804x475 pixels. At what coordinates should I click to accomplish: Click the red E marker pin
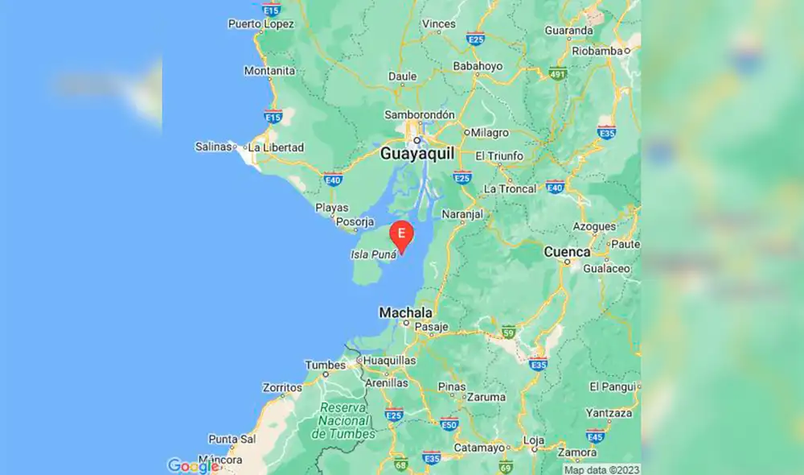click(401, 234)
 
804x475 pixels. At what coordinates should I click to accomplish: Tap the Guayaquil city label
click(416, 153)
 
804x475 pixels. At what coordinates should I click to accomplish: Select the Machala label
click(406, 312)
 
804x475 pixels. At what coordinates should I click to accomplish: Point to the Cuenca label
click(567, 252)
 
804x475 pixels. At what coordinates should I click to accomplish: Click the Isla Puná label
click(374, 254)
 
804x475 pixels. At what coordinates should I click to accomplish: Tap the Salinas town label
click(214, 147)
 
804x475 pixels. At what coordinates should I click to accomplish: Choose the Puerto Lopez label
click(260, 24)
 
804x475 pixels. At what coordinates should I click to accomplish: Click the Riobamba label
click(597, 50)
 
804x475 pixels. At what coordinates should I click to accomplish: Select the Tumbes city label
click(325, 366)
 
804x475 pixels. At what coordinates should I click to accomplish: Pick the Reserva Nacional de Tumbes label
click(343, 421)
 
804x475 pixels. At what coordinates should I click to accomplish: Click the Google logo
click(193, 465)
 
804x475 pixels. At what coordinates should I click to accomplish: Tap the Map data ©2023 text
click(601, 469)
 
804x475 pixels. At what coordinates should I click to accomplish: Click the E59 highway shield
click(507, 331)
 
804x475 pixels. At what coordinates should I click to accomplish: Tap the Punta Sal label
click(232, 439)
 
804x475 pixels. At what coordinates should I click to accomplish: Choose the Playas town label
click(332, 208)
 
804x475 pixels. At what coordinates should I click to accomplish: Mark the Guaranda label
click(568, 31)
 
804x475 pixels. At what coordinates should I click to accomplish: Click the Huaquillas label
click(390, 361)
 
